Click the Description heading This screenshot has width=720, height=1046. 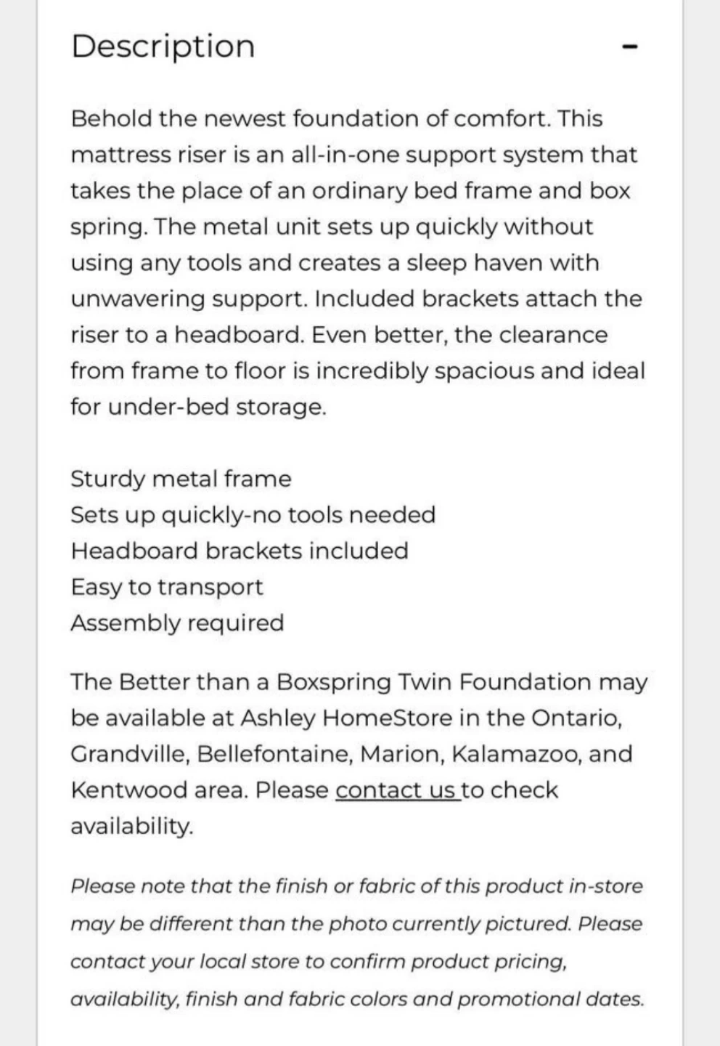click(163, 46)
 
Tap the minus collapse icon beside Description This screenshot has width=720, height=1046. click(630, 47)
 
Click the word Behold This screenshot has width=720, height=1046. click(111, 118)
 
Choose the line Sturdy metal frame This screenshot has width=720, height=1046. click(181, 479)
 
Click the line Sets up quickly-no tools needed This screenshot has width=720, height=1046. click(253, 515)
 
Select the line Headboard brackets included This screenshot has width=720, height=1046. click(240, 551)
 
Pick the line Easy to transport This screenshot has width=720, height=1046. click(167, 587)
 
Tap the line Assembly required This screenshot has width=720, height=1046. click(177, 623)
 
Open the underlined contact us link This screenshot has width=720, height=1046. click(397, 790)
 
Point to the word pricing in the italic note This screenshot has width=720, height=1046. click(530, 962)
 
